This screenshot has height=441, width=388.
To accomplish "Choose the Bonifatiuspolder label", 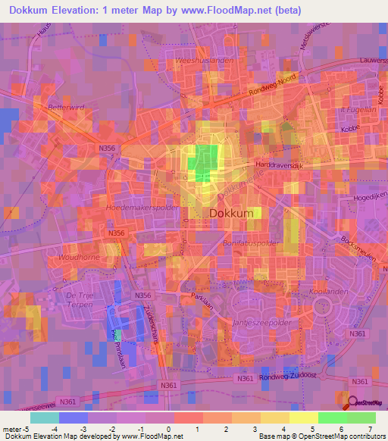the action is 252,243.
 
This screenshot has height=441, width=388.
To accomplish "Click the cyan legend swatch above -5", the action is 44,418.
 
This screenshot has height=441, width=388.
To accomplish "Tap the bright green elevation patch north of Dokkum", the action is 204,161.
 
